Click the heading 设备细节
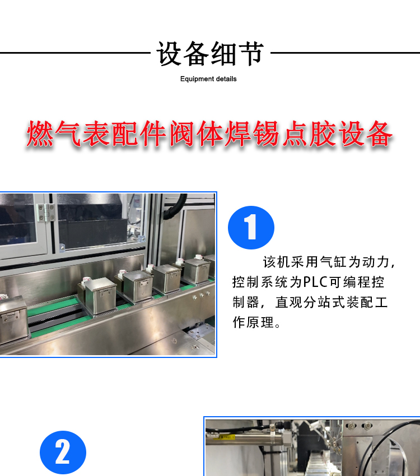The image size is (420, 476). pos(209,54)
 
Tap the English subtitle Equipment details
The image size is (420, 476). pos(208,79)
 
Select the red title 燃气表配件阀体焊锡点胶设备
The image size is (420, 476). pos(209,134)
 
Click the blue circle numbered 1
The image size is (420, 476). pos(251,228)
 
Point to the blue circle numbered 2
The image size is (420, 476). pos(63,453)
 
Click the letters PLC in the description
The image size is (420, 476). pos(315,282)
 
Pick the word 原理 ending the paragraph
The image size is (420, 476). pos(260,322)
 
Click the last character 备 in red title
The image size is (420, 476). pos(379,134)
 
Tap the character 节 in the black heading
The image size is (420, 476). pos(250,54)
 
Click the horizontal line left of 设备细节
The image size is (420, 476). pos(75,53)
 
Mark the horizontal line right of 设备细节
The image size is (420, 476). pos(345,53)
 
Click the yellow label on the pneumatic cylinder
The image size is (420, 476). pos(224,437)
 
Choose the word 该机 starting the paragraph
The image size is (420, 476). pos(276,262)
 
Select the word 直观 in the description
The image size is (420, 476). pos(288,303)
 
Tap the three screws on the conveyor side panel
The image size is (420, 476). pos(201,295)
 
